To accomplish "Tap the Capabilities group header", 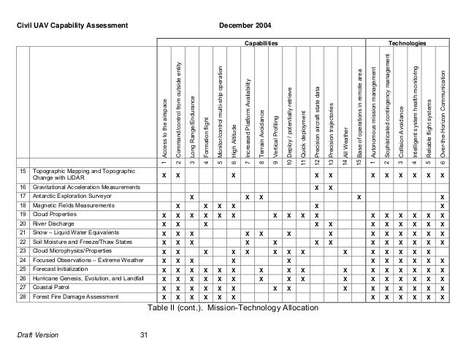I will click(x=261, y=45).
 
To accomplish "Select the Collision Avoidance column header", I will click(x=400, y=118).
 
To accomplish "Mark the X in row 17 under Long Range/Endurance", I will click(x=191, y=196).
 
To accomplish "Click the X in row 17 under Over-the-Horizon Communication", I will click(x=442, y=196).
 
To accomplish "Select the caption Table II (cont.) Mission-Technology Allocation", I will click(x=232, y=309).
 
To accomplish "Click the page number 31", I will click(x=143, y=335).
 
